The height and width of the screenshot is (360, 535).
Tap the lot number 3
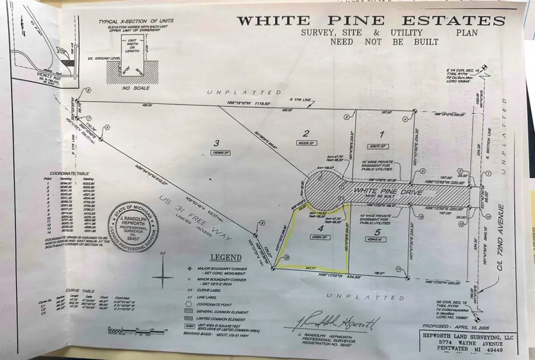click(217, 143)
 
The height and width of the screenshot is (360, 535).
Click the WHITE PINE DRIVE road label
click(379, 191)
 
